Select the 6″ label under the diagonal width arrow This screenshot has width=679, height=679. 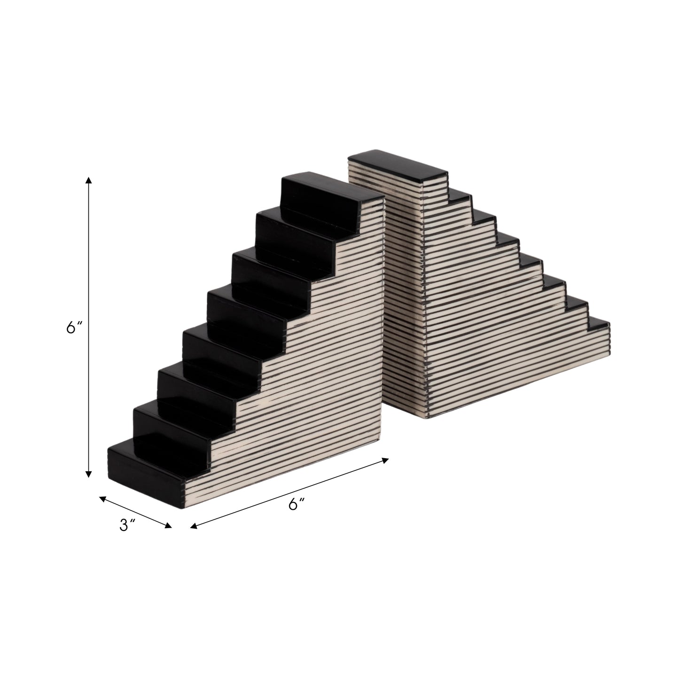click(297, 504)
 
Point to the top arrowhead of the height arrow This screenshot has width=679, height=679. click(88, 180)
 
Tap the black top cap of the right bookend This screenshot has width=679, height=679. click(395, 167)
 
